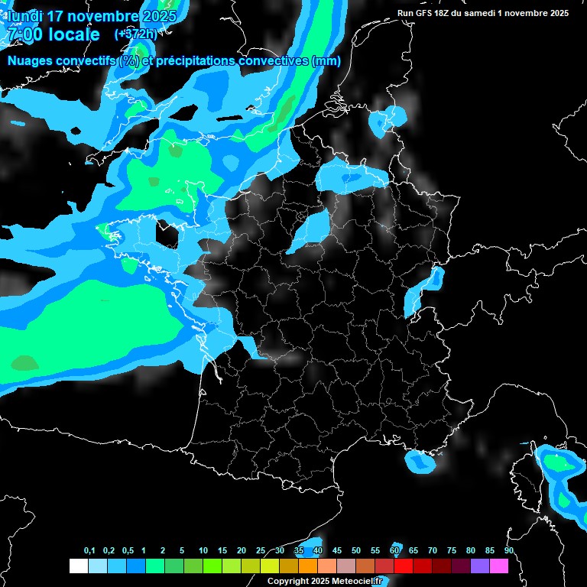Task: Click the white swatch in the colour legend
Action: click(78, 566)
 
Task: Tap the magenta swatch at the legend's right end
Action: click(499, 566)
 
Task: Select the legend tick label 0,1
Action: click(89, 551)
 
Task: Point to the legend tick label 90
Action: click(509, 551)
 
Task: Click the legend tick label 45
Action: click(337, 551)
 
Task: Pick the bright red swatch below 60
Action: click(404, 566)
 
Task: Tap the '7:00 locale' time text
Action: click(54, 34)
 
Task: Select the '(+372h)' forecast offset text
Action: click(136, 34)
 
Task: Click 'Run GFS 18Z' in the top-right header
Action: click(427, 13)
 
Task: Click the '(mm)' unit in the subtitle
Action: click(326, 61)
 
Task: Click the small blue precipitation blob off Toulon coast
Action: click(419, 462)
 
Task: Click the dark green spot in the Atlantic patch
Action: click(24, 362)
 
